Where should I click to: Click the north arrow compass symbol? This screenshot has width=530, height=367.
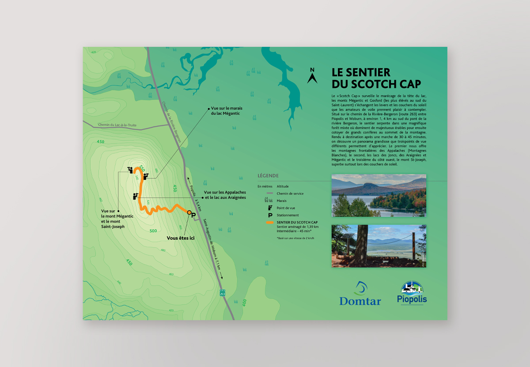click(x=312, y=76)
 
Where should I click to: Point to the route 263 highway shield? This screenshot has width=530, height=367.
click(x=222, y=292)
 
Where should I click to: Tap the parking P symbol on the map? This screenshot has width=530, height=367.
click(x=193, y=215)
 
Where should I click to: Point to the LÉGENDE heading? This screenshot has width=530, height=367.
click(x=268, y=175)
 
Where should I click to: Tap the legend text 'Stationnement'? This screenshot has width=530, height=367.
click(x=288, y=215)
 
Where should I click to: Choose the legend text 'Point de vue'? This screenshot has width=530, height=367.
click(x=287, y=208)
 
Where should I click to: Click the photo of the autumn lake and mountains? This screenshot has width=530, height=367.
click(x=379, y=196)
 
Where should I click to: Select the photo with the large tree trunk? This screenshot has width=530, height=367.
click(x=379, y=246)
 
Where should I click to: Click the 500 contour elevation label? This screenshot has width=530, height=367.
click(x=153, y=231)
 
